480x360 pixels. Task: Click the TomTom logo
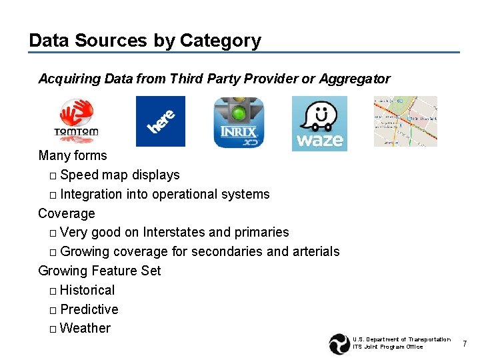[x=76, y=121]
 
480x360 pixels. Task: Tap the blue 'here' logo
[x=161, y=121]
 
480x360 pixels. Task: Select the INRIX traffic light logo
[x=239, y=122]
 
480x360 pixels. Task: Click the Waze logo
[x=319, y=123]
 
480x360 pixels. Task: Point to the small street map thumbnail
[x=405, y=121]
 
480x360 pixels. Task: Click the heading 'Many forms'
[x=73, y=155]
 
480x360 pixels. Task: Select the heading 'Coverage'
[x=67, y=213]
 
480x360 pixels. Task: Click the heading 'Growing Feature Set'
[x=99, y=271]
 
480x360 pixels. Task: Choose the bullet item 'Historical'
[x=87, y=290]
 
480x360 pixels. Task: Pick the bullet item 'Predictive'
[x=89, y=309]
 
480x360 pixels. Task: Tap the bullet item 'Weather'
[x=85, y=328]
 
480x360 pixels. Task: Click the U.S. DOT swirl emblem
[x=339, y=343]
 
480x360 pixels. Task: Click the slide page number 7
[x=465, y=343]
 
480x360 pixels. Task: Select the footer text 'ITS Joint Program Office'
[x=387, y=347]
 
